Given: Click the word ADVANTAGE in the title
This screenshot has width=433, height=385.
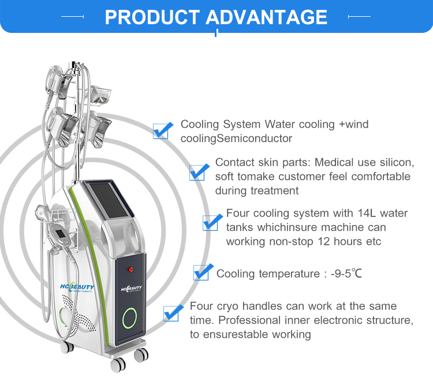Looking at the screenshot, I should pos(267,17).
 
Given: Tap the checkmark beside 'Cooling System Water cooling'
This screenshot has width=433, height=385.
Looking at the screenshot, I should pos(162,130).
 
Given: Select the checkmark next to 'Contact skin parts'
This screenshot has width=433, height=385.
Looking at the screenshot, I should pos(199,171).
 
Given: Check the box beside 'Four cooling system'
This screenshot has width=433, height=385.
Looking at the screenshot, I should pos(212,222).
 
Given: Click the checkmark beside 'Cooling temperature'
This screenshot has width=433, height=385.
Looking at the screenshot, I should pos(201,272).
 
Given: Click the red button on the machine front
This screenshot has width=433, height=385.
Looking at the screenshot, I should pos(130,269).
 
